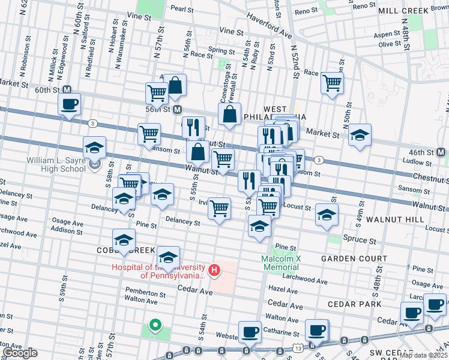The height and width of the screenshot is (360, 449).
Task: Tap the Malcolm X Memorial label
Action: (x=280, y=263)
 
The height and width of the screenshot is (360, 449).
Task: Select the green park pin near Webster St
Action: (x=155, y=326)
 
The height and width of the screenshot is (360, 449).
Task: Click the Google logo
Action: (x=20, y=353)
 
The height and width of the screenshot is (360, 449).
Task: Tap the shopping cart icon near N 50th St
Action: (x=331, y=82)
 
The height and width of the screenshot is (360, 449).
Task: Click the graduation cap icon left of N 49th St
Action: (x=360, y=136)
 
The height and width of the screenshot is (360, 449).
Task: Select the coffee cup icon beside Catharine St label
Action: (x=250, y=331)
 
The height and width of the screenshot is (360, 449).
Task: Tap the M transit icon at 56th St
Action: (x=177, y=110)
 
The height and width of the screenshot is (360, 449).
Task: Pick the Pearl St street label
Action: (x=182, y=10)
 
